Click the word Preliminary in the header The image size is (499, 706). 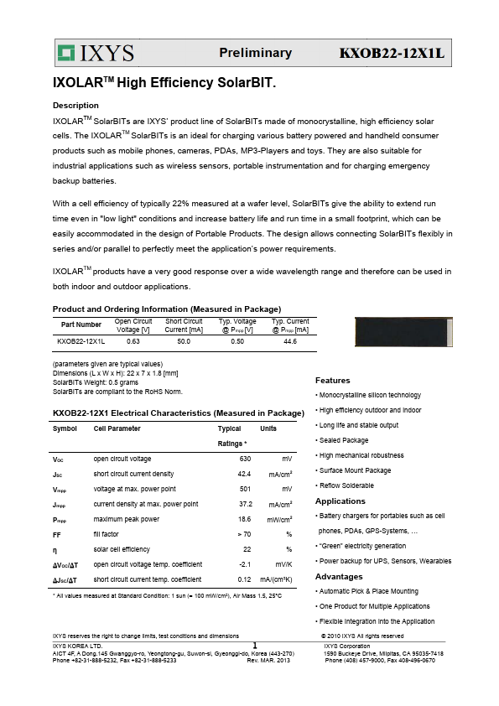click(255, 53)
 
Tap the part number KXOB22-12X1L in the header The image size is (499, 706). click(391, 54)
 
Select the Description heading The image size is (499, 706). click(75, 106)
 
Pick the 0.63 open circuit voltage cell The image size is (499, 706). click(133, 341)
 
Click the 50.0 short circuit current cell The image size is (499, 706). click(184, 341)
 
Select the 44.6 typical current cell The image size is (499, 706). click(290, 341)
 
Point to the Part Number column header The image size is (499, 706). click(81, 324)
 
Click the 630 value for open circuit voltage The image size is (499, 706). click(245, 459)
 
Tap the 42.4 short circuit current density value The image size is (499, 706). click(244, 474)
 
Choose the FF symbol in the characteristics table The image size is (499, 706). click(57, 534)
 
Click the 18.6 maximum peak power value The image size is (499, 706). click(244, 519)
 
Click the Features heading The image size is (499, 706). click(332, 381)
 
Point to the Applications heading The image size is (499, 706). click(340, 501)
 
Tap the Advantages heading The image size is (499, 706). click(339, 577)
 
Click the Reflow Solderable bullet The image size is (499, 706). click(346, 485)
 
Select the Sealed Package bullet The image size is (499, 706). click(344, 440)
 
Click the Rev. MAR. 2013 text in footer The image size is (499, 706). click(268, 661)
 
